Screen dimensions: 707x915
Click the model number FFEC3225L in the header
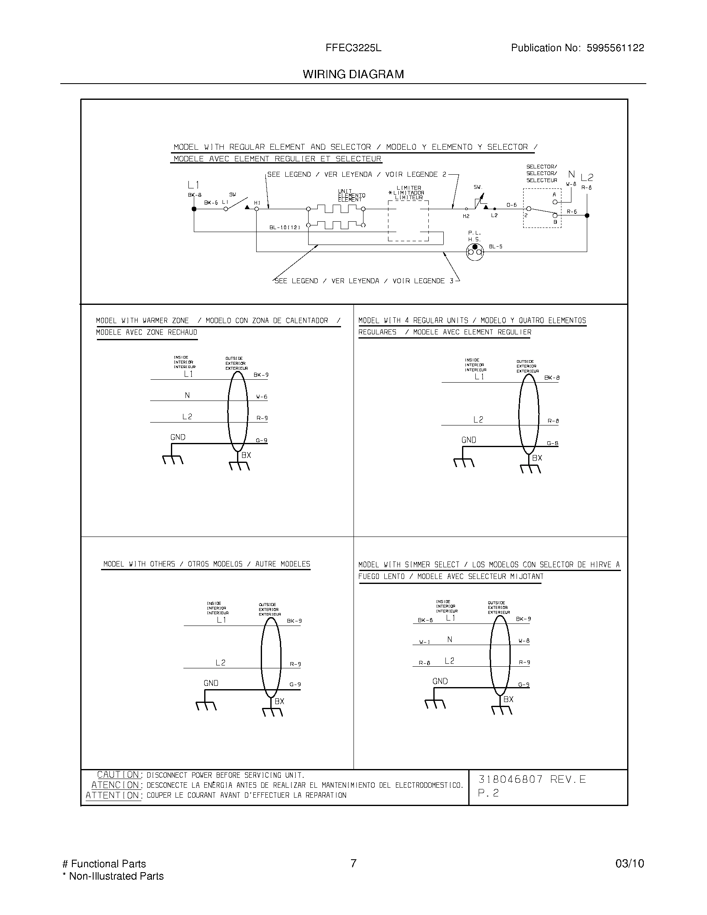point(353,48)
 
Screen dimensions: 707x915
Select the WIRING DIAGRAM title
point(353,74)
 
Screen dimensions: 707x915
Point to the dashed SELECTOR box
point(542,208)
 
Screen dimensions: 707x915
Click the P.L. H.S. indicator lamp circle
point(475,251)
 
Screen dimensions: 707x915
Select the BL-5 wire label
point(495,247)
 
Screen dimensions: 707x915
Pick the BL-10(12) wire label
point(285,228)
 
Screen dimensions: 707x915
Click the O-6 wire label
point(512,205)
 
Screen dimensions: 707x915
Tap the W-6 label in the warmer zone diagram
point(262,396)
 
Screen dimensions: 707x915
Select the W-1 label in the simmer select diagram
point(425,642)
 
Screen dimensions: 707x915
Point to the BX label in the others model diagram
point(279,701)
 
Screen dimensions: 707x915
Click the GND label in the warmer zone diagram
point(178,437)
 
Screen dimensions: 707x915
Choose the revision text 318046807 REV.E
point(532,779)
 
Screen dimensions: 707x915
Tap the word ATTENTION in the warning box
point(113,795)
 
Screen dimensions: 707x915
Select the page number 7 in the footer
point(353,863)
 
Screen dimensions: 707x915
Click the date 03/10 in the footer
point(630,863)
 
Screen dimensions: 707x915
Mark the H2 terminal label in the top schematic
point(466,216)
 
